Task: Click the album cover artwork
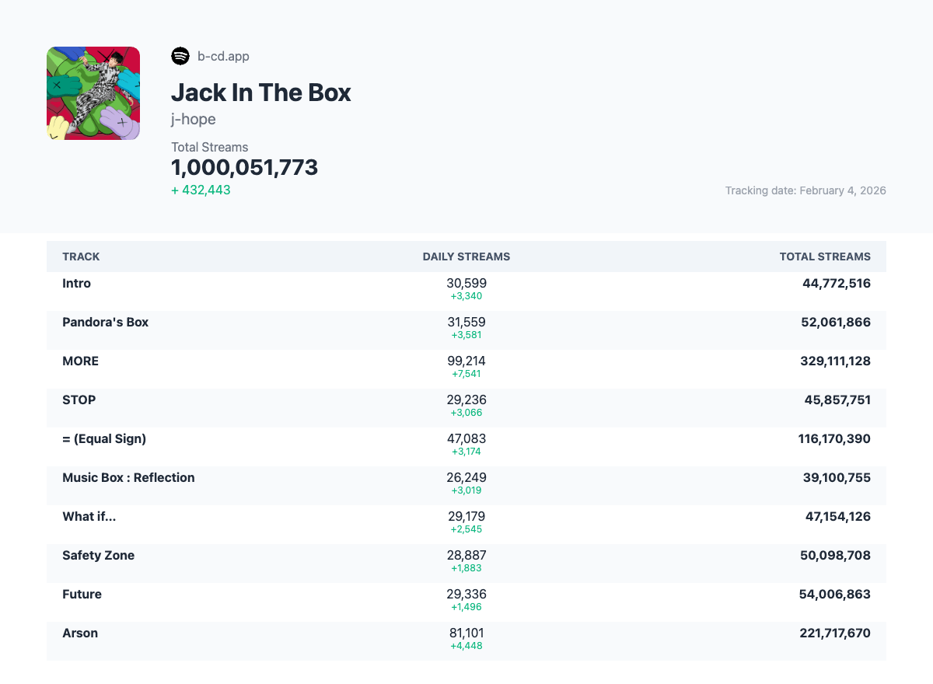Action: click(93, 93)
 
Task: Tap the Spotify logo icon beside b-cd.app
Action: click(180, 56)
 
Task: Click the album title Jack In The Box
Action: click(260, 92)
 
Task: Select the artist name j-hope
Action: click(194, 119)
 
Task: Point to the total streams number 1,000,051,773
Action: click(244, 167)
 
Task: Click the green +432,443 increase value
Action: click(201, 190)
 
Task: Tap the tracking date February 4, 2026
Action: click(805, 190)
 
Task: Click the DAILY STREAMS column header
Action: click(466, 256)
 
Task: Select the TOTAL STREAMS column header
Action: click(825, 256)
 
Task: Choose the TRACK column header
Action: click(81, 256)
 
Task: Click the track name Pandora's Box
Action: click(105, 322)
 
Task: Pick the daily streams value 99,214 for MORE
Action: click(466, 361)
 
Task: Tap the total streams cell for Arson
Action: click(835, 633)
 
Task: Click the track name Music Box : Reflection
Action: click(128, 477)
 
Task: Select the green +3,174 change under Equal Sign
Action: click(466, 452)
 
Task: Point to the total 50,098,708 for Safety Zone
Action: click(835, 555)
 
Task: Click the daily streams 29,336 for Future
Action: click(466, 594)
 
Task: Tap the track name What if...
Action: click(89, 516)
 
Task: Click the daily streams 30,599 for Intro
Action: click(466, 283)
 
